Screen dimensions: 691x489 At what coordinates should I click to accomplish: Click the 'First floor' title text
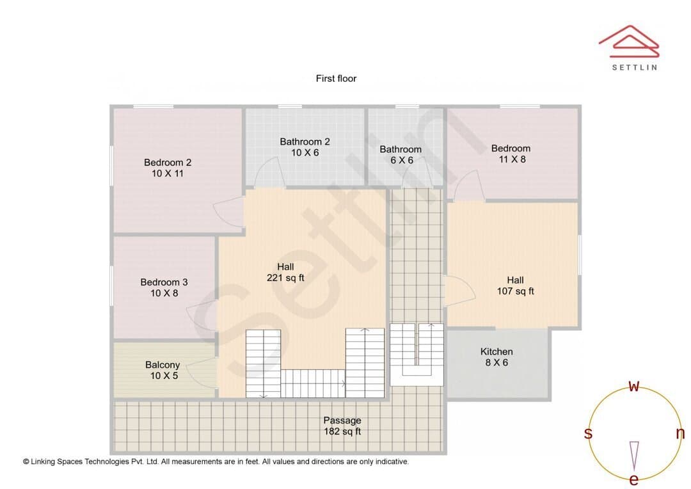(x=336, y=79)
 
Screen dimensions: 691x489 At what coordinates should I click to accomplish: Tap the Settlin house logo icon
(x=629, y=42)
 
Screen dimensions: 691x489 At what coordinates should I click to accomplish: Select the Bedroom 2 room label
(x=168, y=163)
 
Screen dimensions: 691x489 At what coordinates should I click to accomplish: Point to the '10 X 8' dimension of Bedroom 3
(x=164, y=293)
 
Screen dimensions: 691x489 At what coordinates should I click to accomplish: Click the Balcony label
(x=163, y=365)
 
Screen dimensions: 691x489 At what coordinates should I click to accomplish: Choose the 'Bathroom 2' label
(x=305, y=141)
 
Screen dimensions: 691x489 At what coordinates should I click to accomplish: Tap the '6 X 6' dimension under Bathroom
(x=401, y=161)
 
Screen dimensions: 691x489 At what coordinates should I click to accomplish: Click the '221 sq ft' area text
(x=285, y=278)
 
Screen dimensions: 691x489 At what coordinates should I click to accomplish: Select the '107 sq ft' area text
(x=515, y=291)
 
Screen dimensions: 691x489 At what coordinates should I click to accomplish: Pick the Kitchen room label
(x=496, y=351)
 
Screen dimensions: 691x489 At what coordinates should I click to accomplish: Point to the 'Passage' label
(x=342, y=421)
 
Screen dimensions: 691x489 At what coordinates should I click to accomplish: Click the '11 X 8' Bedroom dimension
(x=512, y=159)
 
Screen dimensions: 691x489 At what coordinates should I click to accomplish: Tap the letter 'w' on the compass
(x=633, y=386)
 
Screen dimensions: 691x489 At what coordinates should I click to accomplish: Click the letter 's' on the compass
(x=588, y=433)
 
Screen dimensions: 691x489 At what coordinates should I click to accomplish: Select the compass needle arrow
(x=634, y=456)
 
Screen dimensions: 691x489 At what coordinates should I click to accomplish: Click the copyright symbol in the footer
(x=26, y=461)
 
